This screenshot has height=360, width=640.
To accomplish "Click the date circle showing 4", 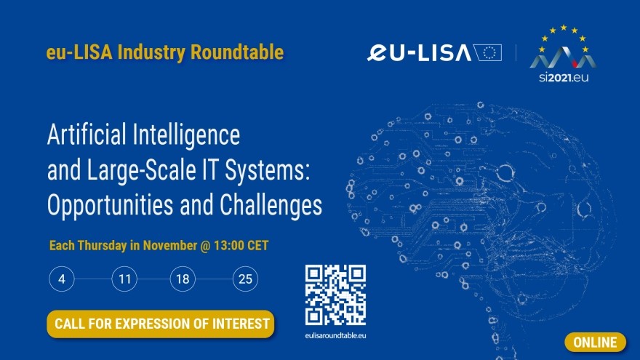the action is [62, 279].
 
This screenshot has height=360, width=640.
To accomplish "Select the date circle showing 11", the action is [124, 279].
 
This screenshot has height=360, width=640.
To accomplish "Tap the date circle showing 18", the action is [183, 279].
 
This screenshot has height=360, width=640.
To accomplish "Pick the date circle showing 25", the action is [245, 279].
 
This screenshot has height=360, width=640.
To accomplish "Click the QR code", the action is [335, 295].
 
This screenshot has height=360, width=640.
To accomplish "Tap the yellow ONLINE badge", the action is [595, 342].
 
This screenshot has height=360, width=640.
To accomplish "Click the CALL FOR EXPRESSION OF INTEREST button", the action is [161, 324].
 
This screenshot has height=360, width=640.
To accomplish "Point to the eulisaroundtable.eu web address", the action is [335, 335].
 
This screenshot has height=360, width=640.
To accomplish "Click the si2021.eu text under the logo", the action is [564, 77].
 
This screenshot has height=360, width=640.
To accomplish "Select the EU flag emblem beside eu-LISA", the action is [488, 52].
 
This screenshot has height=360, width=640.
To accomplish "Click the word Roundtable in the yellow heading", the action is [237, 52].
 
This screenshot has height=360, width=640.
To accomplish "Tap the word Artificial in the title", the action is [87, 135].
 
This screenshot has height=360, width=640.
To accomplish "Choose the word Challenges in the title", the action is [271, 204].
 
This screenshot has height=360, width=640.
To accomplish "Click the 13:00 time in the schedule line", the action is [228, 245].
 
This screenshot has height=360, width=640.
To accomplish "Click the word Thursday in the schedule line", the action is [102, 246].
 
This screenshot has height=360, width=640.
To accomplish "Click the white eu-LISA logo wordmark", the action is [420, 52].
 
